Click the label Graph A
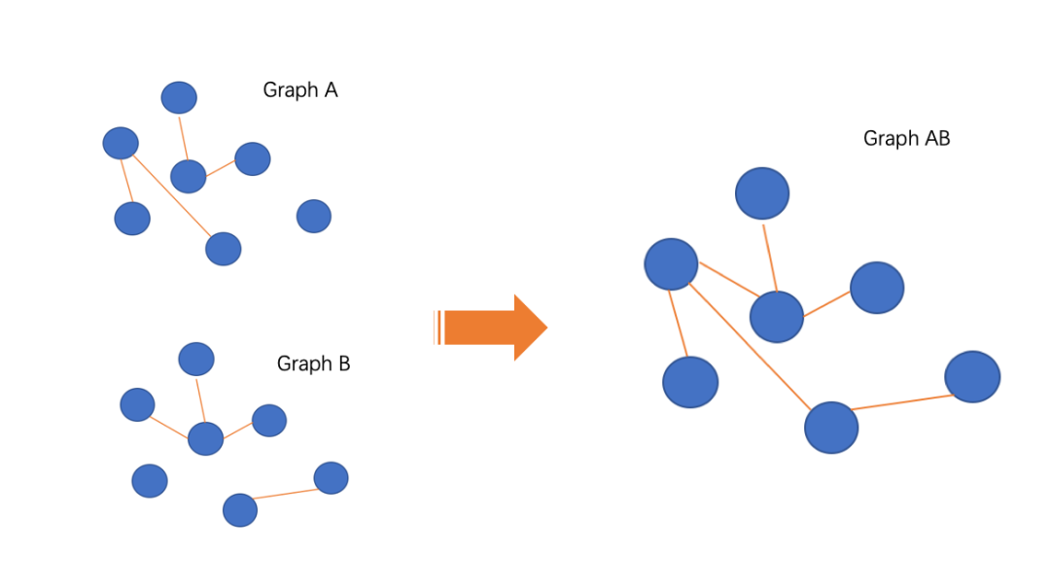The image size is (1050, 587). (299, 90)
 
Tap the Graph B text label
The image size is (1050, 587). (313, 364)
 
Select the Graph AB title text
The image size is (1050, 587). (906, 139)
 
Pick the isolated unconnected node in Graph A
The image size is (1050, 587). (313, 216)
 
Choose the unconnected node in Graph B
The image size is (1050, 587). (150, 480)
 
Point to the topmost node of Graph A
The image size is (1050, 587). (179, 97)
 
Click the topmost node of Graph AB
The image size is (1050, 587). (762, 193)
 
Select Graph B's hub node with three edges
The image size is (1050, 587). (205, 438)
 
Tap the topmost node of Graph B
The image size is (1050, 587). (196, 359)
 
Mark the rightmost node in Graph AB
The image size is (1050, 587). (972, 377)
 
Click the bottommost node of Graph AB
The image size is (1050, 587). (831, 428)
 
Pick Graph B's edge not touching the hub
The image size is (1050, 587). (286, 495)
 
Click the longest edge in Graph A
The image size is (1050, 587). (172, 196)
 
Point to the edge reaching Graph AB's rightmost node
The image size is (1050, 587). (901, 402)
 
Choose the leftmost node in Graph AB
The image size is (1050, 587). (671, 264)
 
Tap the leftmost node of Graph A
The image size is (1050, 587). (121, 144)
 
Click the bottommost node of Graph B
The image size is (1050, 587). (240, 510)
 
